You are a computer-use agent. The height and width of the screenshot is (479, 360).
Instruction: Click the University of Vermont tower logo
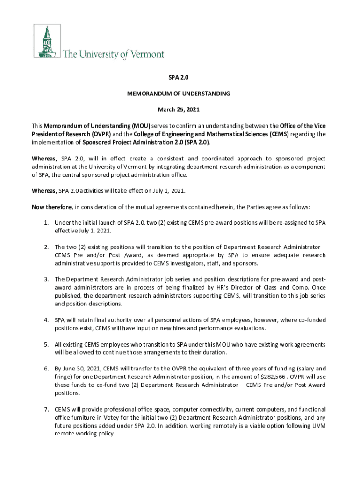pos(46,41)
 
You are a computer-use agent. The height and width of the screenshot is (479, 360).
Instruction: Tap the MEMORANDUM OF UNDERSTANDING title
pos(179,94)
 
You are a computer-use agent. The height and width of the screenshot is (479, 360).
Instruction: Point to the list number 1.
pos(47,223)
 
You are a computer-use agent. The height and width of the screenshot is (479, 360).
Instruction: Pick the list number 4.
pos(47,320)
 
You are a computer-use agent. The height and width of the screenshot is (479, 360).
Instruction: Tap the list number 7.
pos(47,409)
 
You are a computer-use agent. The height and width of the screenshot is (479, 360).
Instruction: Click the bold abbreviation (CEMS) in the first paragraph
pos(279,134)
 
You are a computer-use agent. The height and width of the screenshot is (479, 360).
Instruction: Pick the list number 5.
pos(47,344)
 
